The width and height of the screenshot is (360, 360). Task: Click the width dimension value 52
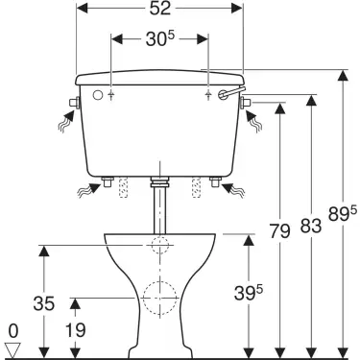tap(160, 9)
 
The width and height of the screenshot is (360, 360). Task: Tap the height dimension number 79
tap(278, 232)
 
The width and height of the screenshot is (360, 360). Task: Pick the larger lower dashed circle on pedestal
tap(160, 300)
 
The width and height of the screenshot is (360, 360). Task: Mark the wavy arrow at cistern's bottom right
tap(234, 189)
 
